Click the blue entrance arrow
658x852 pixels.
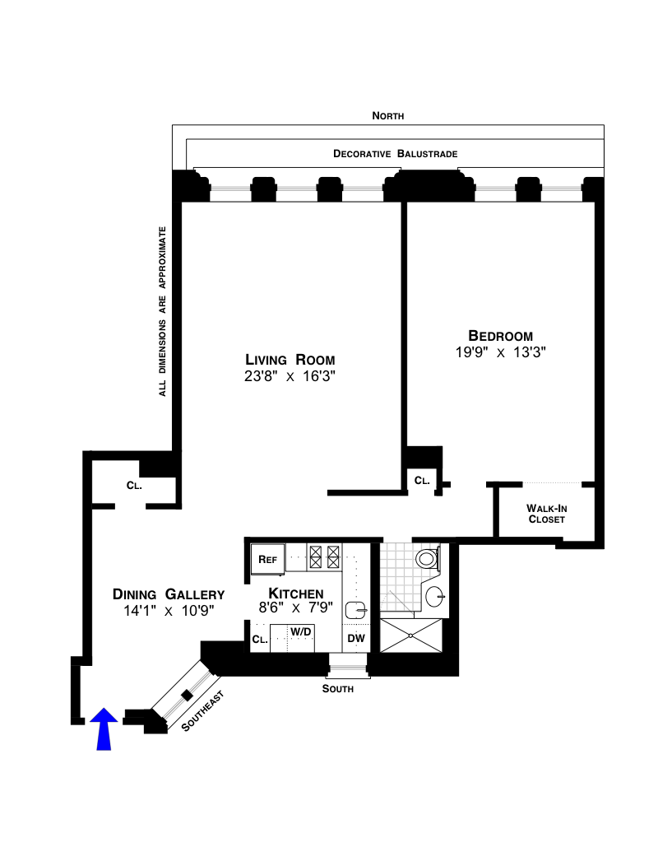[x=104, y=729]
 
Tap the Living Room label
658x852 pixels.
[x=290, y=360]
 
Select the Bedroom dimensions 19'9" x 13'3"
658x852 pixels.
[x=501, y=352]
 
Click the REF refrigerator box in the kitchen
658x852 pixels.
[x=267, y=559]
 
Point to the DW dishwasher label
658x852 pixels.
[x=356, y=639]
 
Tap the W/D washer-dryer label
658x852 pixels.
[x=301, y=631]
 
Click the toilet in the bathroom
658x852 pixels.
[x=428, y=558]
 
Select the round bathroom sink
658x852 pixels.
[x=435, y=597]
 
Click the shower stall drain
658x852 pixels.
[x=411, y=636]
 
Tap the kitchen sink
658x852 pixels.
[x=356, y=610]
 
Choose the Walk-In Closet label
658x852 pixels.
[x=547, y=514]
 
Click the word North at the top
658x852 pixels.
[x=387, y=116]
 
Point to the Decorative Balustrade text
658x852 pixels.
[x=396, y=154]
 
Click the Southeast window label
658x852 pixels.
[x=202, y=710]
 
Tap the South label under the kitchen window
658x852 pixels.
[x=338, y=689]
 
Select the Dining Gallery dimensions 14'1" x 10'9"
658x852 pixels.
[x=169, y=611]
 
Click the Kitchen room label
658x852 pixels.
[x=296, y=594]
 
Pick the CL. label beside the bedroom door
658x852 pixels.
[x=422, y=481]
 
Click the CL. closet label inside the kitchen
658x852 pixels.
[x=260, y=640]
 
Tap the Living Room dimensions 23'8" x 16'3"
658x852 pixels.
[x=290, y=376]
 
